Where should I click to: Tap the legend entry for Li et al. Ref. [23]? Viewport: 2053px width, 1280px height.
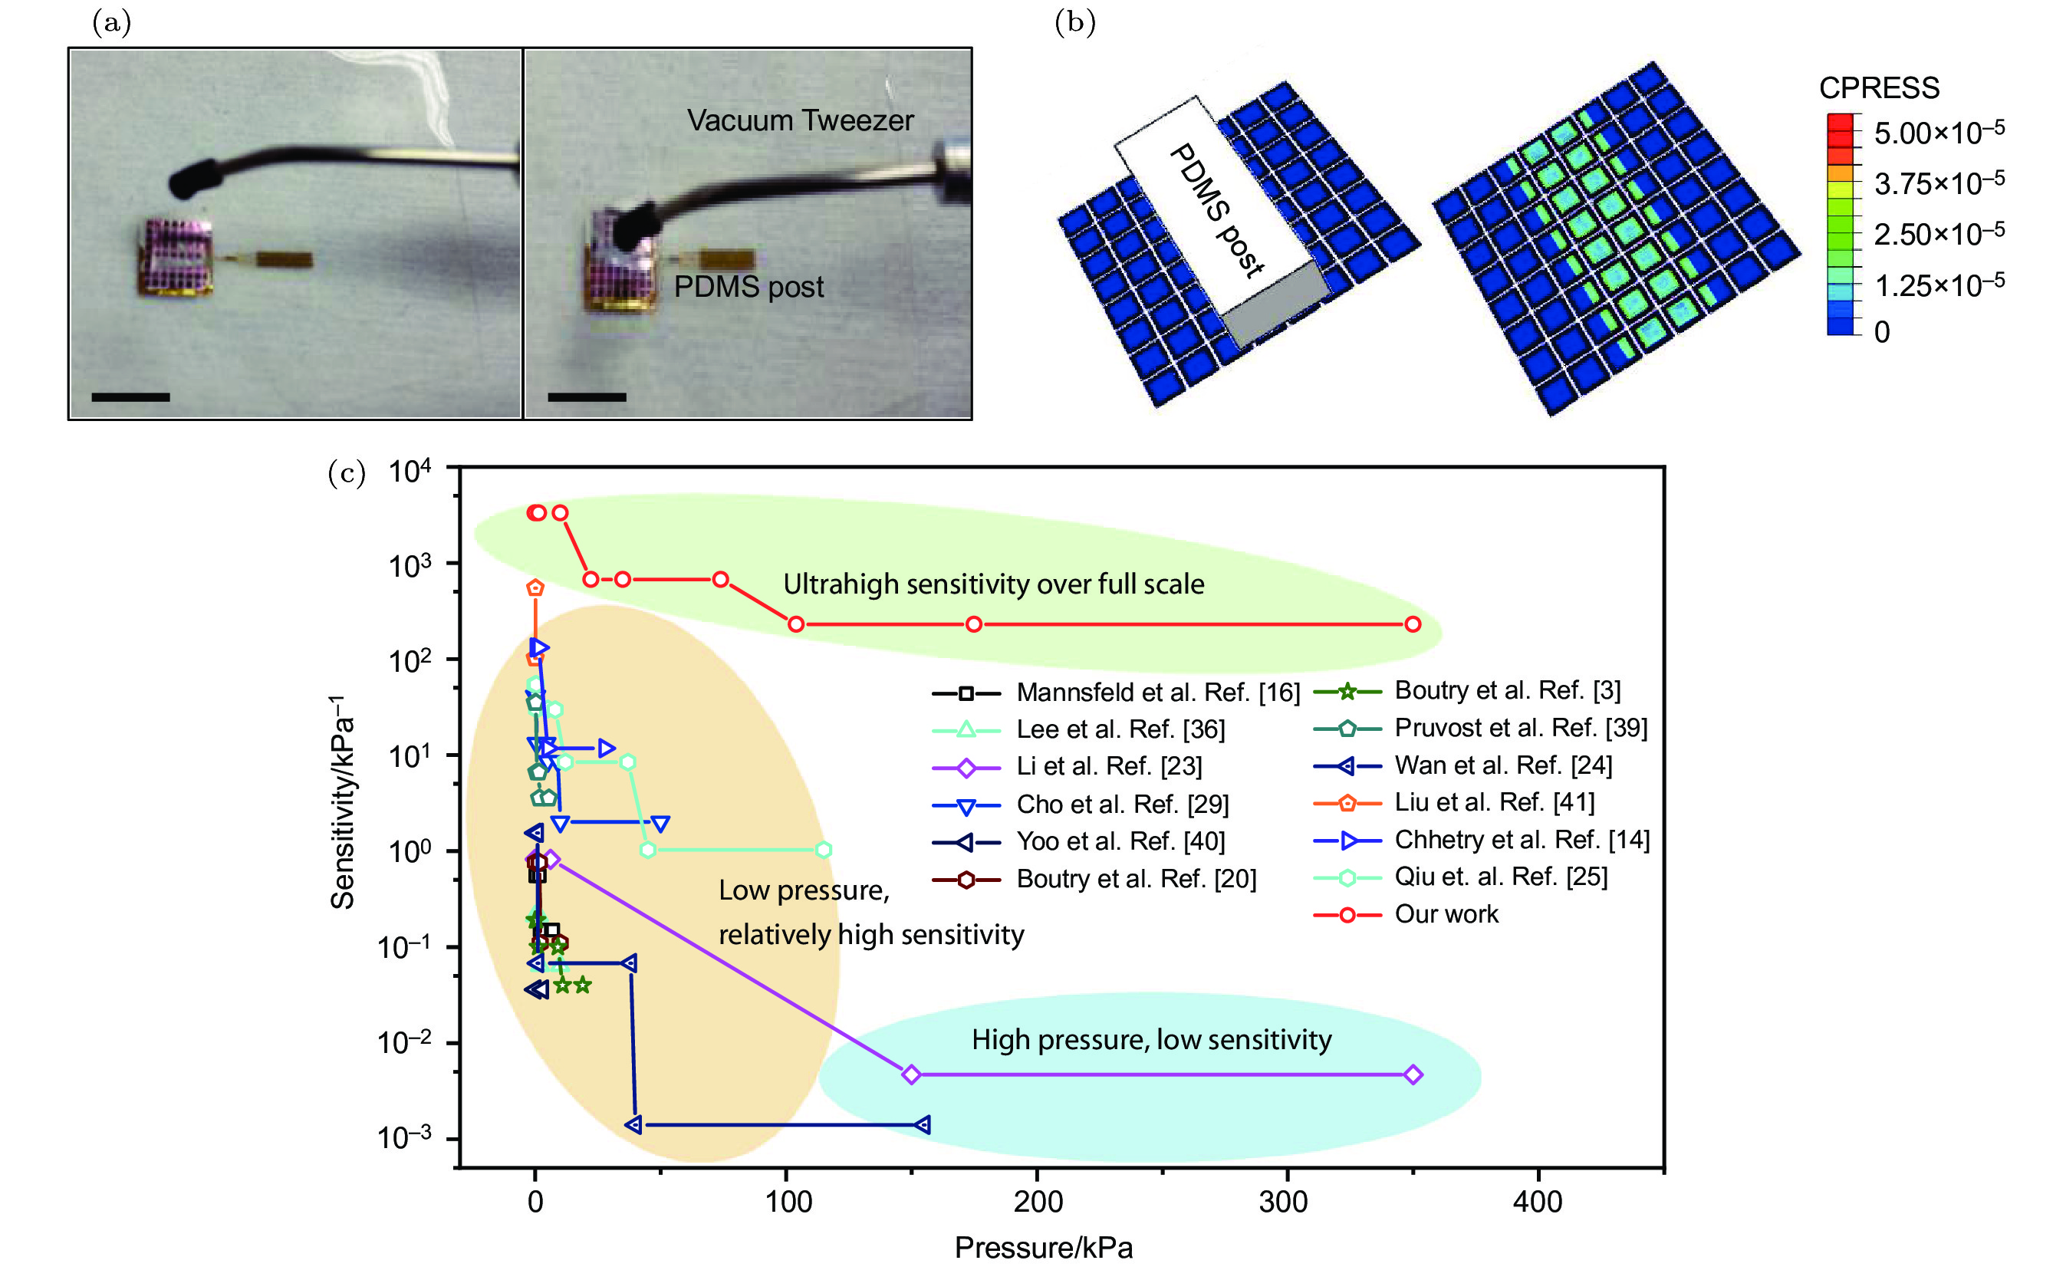(1108, 766)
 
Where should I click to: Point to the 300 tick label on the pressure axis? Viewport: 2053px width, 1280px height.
(1285, 1201)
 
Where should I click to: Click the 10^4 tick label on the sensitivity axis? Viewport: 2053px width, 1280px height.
(410, 471)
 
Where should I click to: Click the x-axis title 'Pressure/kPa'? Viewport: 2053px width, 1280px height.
(1043, 1247)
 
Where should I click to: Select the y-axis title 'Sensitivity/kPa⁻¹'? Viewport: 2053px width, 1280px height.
(344, 801)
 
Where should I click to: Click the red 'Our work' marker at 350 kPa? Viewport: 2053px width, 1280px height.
(1412, 624)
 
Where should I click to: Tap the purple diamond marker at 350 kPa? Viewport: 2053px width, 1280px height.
(1412, 1074)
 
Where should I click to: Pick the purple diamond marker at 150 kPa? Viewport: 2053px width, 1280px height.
(911, 1074)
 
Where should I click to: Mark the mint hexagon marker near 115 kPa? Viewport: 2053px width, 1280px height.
(823, 849)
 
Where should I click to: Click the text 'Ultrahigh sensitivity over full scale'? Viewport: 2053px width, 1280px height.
(993, 584)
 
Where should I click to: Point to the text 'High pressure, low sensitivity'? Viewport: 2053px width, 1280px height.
(1151, 1040)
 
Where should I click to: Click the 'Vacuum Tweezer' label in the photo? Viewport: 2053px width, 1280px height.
(800, 120)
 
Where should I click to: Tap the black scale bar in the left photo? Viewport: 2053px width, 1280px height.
(130, 397)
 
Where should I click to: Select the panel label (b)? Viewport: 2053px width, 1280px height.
(1074, 23)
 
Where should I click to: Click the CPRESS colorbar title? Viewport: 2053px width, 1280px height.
(1879, 87)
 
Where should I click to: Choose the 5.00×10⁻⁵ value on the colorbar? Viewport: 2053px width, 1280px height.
(1938, 133)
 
